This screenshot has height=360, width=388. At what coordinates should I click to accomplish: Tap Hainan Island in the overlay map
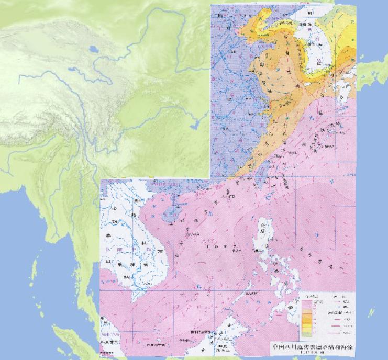(169, 215)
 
